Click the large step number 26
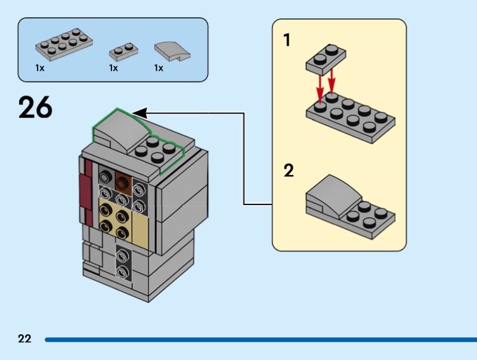(35, 107)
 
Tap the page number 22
(24, 339)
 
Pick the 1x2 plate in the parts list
(123, 51)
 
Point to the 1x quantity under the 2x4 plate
(39, 68)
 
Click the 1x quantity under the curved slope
(159, 68)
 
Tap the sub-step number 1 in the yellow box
(287, 41)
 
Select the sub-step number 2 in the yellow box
(289, 171)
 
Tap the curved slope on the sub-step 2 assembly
(330, 195)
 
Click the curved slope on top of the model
(119, 128)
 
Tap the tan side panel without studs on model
(143, 229)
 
